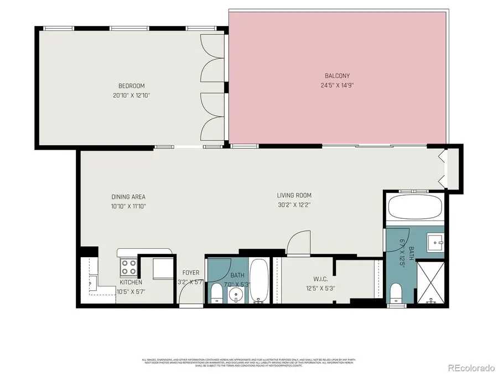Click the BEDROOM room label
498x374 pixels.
[x=131, y=85]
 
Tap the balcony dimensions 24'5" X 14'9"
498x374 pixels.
[x=336, y=85]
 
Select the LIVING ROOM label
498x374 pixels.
[x=294, y=195]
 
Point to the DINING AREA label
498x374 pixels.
[x=128, y=197]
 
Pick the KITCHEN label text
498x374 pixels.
[x=131, y=282]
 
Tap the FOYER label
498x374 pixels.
[x=191, y=273]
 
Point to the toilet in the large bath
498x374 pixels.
[x=396, y=292]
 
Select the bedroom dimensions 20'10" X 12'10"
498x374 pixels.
[x=131, y=95]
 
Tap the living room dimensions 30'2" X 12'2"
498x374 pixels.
[x=294, y=205]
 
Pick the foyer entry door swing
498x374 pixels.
[x=188, y=296]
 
